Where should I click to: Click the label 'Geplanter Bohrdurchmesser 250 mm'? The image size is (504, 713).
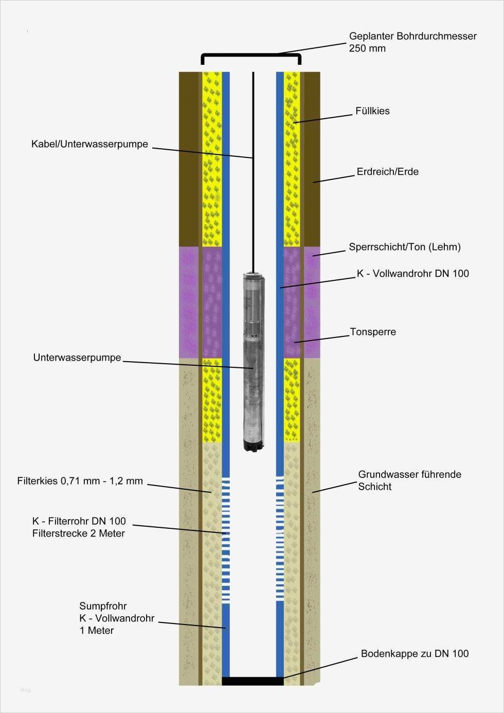coord(412,42)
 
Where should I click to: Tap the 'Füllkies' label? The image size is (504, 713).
coord(372,111)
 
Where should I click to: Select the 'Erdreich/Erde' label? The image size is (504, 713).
coord(387,172)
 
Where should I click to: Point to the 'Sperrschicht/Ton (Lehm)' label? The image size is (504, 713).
coord(404,247)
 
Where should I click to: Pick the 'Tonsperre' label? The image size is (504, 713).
coord(373,332)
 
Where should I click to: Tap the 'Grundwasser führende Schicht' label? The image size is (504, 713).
coord(409,480)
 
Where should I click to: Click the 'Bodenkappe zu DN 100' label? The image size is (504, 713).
coord(415,654)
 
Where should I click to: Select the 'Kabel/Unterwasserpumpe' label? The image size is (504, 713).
coord(89,144)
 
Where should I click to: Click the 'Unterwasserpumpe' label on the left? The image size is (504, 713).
coord(77,358)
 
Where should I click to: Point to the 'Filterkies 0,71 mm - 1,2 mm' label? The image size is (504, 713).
coord(80,482)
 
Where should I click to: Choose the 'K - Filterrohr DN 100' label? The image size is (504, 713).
coord(79,522)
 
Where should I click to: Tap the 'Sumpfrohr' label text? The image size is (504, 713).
coord(103,606)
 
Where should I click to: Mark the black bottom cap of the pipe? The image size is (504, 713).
coord(253,681)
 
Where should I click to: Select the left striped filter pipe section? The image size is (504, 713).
coord(226,540)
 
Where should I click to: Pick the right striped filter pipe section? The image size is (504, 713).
coord(280,540)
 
